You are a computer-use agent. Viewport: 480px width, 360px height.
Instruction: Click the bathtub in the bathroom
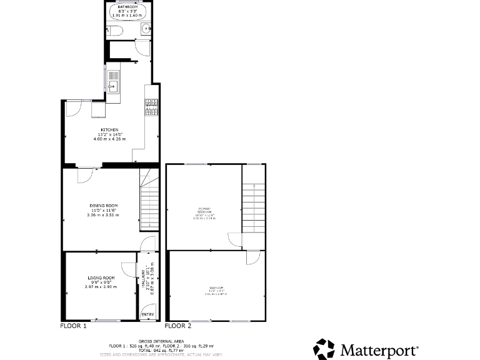pyautogui.click(x=128, y=11)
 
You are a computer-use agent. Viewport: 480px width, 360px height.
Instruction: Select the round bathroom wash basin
pyautogui.click(x=145, y=28)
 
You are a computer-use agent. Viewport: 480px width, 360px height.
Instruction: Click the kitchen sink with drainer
pyautogui.click(x=112, y=81)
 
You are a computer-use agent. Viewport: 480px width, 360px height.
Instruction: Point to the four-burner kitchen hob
pyautogui.click(x=151, y=107)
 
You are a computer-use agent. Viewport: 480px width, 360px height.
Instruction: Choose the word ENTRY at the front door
pyautogui.click(x=147, y=314)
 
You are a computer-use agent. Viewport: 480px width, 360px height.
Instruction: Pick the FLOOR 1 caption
pyautogui.click(x=73, y=326)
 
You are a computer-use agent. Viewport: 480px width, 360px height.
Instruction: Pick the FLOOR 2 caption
pyautogui.click(x=178, y=326)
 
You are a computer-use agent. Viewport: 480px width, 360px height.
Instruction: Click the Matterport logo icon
pyautogui.click(x=324, y=349)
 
